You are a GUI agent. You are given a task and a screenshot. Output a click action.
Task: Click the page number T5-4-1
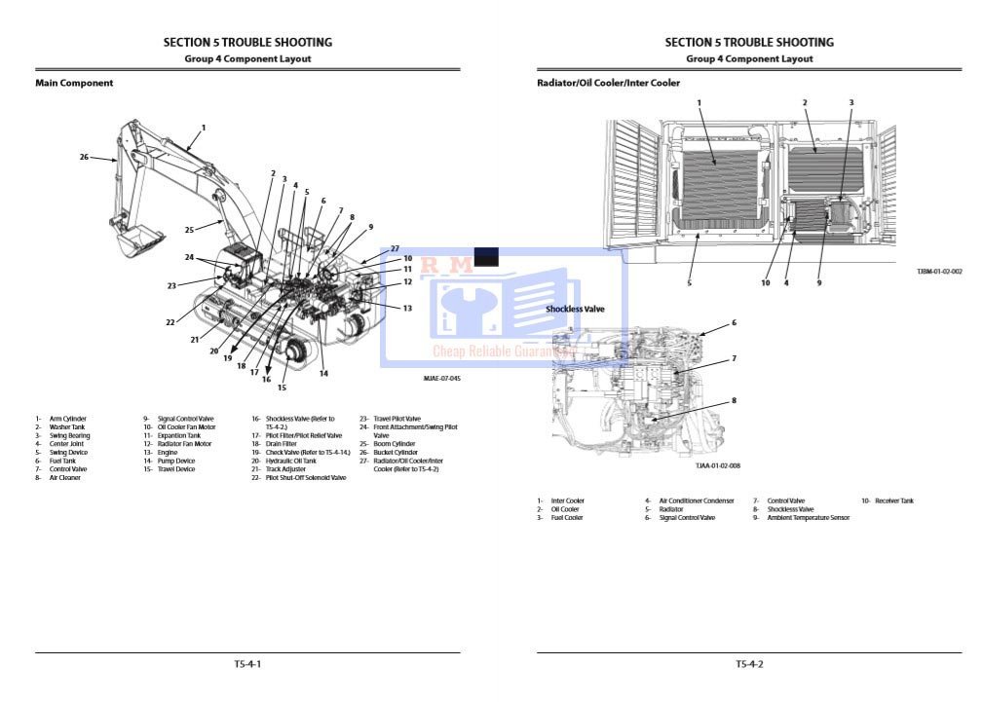pyautogui.click(x=247, y=664)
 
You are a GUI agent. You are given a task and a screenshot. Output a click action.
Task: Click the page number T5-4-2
pyautogui.click(x=748, y=664)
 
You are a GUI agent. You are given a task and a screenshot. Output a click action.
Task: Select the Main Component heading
pyautogui.click(x=74, y=84)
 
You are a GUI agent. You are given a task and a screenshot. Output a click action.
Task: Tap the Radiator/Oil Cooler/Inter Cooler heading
pyautogui.click(x=608, y=84)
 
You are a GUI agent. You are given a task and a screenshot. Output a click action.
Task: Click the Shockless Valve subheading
pyautogui.click(x=575, y=309)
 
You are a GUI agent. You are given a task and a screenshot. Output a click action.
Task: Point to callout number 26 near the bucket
pyautogui.click(x=84, y=157)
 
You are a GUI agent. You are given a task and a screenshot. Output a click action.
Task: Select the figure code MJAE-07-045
pyautogui.click(x=441, y=378)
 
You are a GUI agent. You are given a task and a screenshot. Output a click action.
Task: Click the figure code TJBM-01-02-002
pyautogui.click(x=939, y=272)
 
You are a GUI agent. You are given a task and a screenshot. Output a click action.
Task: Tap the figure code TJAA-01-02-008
pyautogui.click(x=717, y=465)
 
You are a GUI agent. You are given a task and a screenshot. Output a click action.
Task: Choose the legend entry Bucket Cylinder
pyautogui.click(x=395, y=453)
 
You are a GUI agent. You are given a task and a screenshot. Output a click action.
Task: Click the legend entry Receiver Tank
pyautogui.click(x=893, y=500)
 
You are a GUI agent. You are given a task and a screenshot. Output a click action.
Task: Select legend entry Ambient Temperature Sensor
pyautogui.click(x=808, y=517)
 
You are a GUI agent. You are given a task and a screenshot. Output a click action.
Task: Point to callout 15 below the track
pyautogui.click(x=282, y=388)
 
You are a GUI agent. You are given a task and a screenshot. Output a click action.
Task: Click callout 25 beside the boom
pyautogui.click(x=190, y=230)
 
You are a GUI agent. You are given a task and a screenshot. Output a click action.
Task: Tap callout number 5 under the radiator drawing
pyautogui.click(x=689, y=282)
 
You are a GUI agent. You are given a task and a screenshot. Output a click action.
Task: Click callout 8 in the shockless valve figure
pyautogui.click(x=734, y=400)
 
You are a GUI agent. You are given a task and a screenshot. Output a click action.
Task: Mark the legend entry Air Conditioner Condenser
pyautogui.click(x=696, y=500)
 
